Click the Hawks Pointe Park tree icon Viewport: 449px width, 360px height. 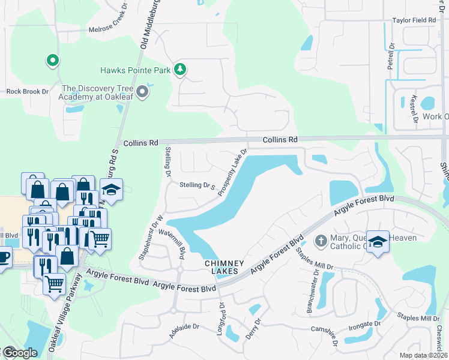coord(179,70)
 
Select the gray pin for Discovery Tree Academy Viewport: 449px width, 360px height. coord(142,92)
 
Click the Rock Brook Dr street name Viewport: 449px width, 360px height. coord(26,92)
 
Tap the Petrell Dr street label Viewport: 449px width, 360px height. coord(390,56)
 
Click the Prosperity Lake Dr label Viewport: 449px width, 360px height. coord(233,173)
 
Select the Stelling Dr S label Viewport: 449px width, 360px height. coord(197,186)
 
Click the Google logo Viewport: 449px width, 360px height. coord(19,353)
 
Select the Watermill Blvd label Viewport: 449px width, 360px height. coord(180,245)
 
